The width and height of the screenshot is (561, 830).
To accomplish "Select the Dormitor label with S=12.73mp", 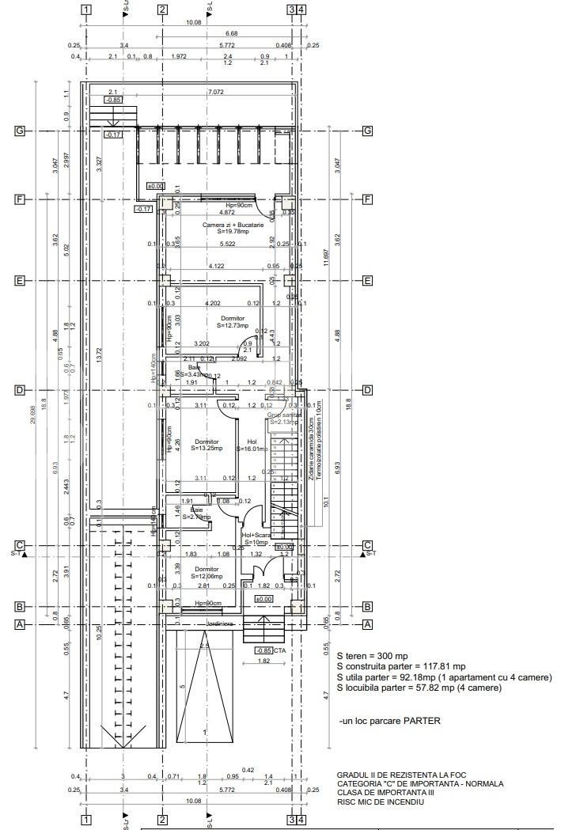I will point(233,320).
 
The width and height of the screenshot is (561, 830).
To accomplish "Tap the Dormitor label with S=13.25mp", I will point(207,445).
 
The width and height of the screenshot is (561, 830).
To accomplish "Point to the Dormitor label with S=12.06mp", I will point(207,573).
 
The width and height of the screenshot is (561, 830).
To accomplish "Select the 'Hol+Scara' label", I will point(256,536).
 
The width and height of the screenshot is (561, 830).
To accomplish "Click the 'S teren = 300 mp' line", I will point(372,656).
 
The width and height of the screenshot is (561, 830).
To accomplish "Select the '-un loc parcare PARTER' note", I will point(389,721).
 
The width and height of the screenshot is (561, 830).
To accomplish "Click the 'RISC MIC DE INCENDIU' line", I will point(380,802).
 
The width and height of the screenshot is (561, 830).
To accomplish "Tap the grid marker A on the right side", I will point(367,624).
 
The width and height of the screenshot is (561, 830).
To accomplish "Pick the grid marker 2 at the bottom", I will point(162,820).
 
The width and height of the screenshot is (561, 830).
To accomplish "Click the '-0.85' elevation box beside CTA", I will point(263,650).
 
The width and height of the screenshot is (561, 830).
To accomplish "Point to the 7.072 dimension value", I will point(214,93).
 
